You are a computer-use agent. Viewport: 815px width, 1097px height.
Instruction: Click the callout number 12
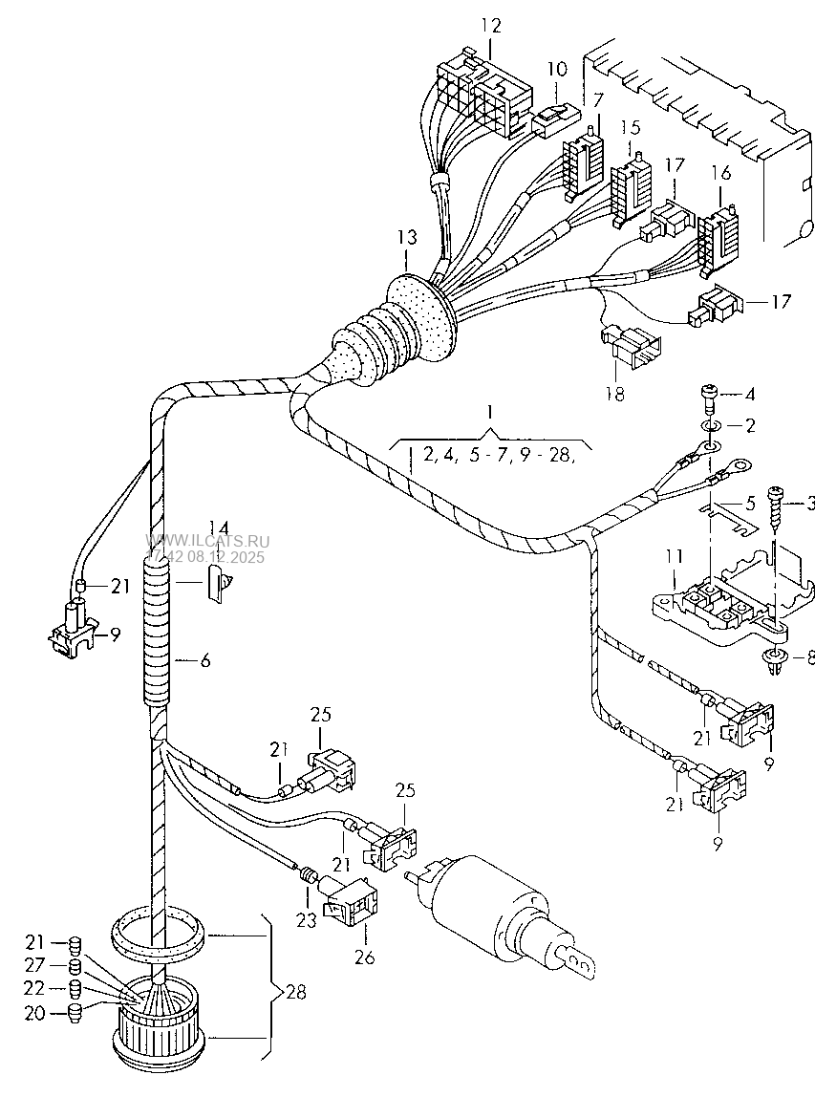[x=490, y=26]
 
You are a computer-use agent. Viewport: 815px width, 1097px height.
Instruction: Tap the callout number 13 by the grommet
[x=407, y=237]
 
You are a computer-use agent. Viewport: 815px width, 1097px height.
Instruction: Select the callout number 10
[x=556, y=69]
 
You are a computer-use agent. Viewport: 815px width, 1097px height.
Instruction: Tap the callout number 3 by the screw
[x=809, y=504]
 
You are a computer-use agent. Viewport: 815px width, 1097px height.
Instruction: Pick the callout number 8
[x=808, y=657]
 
